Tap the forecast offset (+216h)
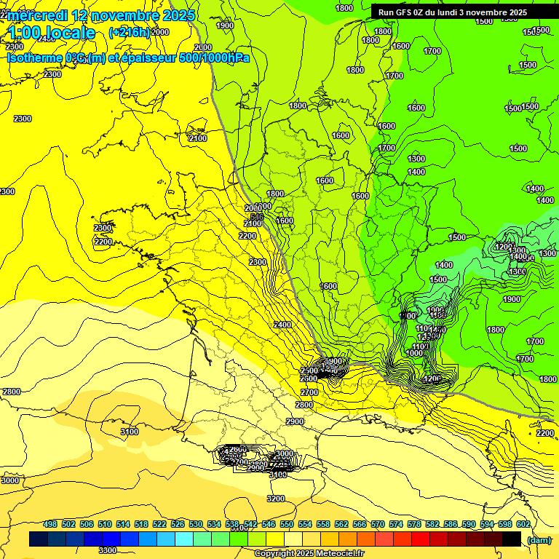129,33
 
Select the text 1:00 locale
52,33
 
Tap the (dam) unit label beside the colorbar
539,540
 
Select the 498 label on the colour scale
50,524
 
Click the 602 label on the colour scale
523,524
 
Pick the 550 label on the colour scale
287,524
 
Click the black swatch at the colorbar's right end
512,539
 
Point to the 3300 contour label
108,550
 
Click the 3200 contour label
276,499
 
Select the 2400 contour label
282,325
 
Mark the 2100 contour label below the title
197,138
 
